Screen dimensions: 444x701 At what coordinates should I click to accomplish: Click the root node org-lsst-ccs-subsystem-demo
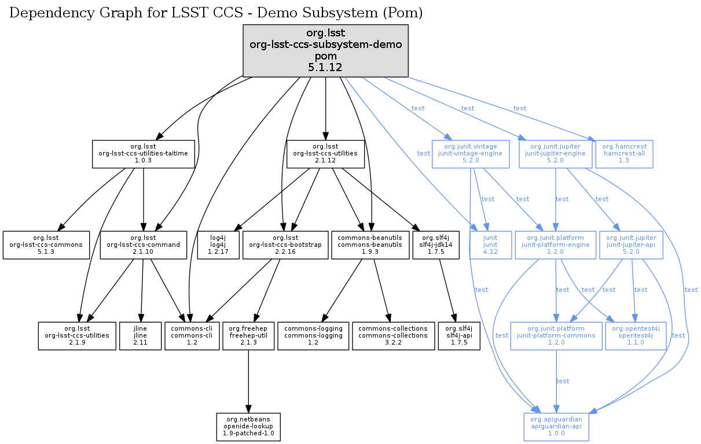coord(326,51)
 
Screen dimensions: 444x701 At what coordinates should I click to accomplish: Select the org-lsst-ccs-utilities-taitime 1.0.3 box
coord(143,154)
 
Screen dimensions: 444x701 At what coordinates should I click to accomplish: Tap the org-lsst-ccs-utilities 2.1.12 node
coord(326,154)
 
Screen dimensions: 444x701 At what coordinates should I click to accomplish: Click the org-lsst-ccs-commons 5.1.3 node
coord(46,245)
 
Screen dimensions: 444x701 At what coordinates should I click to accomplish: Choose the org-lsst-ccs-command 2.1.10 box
coord(143,245)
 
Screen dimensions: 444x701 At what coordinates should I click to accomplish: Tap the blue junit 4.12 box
coord(490,245)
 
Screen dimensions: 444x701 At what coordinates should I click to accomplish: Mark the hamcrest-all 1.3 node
coord(624,154)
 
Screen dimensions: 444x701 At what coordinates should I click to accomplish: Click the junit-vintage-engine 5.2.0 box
coord(470,154)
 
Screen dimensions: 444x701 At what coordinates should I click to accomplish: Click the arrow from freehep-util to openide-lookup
coord(248,382)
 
